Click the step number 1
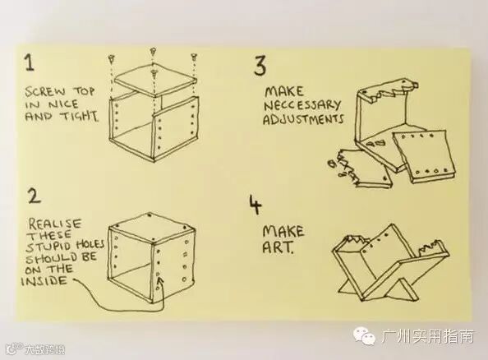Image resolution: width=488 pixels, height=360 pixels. [x=30, y=62]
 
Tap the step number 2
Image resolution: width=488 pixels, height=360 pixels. [x=34, y=196]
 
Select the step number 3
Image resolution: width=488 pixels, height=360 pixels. [x=260, y=66]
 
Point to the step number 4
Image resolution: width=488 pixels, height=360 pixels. [x=256, y=205]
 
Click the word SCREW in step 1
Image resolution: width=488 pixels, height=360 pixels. [x=45, y=92]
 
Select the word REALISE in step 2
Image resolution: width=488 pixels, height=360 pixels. [x=55, y=224]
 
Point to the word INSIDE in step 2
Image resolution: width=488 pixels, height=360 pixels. [x=44, y=281]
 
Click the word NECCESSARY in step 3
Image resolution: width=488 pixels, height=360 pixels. [x=302, y=105]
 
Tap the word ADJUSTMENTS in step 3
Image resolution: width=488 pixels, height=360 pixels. [x=303, y=119]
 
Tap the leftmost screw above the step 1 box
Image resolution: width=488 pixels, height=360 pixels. [x=112, y=58]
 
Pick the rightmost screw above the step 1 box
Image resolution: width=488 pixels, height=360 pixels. [x=194, y=58]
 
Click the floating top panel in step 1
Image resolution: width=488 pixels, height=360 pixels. [x=155, y=81]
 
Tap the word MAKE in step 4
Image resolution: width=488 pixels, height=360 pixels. [x=283, y=232]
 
